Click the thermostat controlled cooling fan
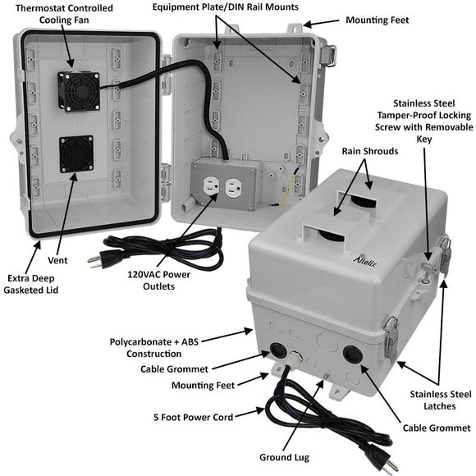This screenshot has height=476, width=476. (x=79, y=91)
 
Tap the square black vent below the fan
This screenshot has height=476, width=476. (x=76, y=153)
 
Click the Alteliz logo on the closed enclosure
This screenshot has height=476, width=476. (x=365, y=261)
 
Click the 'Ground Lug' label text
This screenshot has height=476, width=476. (x=284, y=457)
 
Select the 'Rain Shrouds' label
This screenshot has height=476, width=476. (x=370, y=151)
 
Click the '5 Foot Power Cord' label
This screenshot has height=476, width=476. (x=193, y=417)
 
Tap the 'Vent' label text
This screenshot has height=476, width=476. (x=57, y=260)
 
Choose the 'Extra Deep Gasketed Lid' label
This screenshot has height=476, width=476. (x=30, y=284)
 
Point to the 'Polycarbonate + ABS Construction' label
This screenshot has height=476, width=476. (x=154, y=348)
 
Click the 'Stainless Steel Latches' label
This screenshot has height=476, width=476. (x=440, y=400)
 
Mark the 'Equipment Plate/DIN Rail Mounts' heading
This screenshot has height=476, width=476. (x=225, y=7)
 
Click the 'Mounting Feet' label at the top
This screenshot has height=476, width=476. (x=377, y=20)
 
